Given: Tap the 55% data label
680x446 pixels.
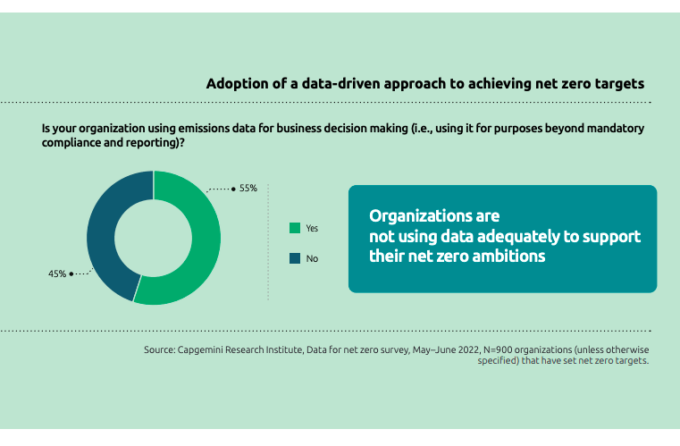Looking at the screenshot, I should (x=248, y=189).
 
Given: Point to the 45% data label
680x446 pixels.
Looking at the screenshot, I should (x=57, y=273).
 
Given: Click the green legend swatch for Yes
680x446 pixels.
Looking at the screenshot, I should (x=294, y=228).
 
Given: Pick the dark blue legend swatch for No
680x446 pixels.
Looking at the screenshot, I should (x=294, y=258).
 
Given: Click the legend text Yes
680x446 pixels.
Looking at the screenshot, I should (x=312, y=228).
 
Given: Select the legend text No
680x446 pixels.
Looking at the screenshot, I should (x=312, y=258).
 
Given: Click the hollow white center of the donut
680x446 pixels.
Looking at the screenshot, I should (x=154, y=237).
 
